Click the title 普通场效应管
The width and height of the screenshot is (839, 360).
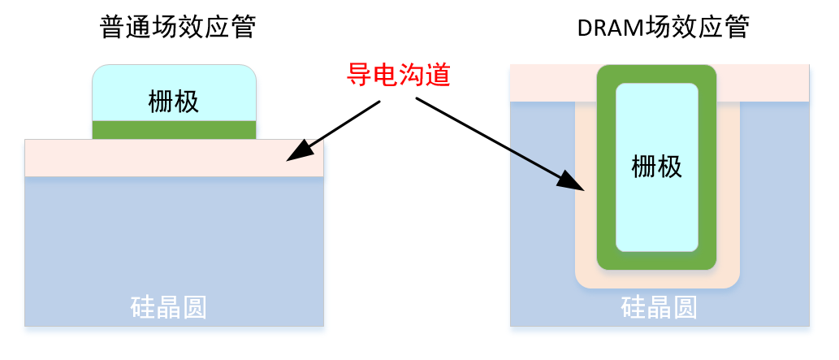(x=177, y=28)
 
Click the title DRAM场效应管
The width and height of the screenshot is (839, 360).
(x=663, y=28)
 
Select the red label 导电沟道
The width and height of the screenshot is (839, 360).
(x=398, y=76)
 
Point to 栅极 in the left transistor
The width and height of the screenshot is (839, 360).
(x=174, y=102)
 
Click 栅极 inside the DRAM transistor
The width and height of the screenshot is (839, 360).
(x=657, y=167)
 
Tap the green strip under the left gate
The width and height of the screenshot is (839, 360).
(x=175, y=130)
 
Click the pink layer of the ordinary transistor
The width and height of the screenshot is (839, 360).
(x=175, y=158)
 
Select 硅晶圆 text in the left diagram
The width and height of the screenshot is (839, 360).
(x=169, y=307)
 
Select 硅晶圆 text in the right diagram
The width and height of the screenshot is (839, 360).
(x=659, y=307)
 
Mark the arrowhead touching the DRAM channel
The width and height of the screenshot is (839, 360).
(x=570, y=179)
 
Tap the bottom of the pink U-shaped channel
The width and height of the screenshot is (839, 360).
(x=657, y=279)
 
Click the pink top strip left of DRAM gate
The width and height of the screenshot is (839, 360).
(x=553, y=83)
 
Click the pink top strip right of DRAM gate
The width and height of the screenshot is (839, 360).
(x=763, y=83)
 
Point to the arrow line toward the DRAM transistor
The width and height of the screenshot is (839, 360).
(x=500, y=144)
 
